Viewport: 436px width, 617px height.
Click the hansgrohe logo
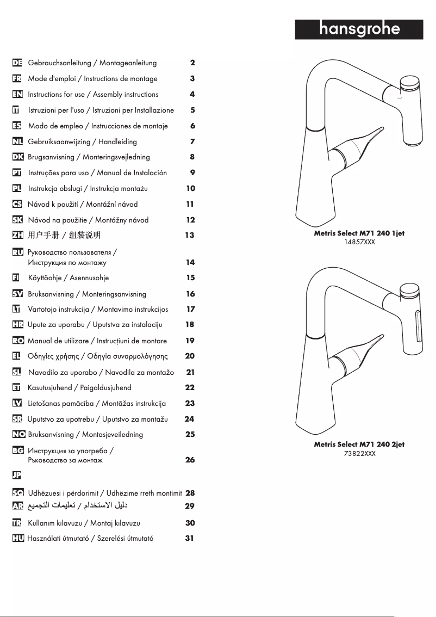(x=359, y=29)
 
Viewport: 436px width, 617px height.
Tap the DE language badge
(x=17, y=63)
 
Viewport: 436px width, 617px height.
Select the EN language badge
(x=17, y=95)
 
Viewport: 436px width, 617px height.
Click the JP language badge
(x=17, y=476)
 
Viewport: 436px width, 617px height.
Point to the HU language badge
(x=17, y=539)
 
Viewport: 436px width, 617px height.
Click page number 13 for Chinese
(x=190, y=236)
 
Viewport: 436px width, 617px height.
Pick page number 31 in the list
(x=190, y=539)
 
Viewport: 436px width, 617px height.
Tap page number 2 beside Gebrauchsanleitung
(x=192, y=63)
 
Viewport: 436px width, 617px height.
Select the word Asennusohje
(x=89, y=278)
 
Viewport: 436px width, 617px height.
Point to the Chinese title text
(x=64, y=236)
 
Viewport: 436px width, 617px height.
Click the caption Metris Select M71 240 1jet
(x=359, y=233)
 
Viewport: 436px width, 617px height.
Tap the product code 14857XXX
(x=359, y=242)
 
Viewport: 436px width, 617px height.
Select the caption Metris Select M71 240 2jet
(x=359, y=445)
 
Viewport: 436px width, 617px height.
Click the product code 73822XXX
(x=359, y=453)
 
